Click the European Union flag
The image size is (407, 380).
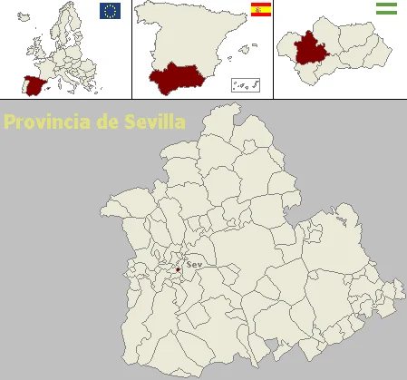(x=110, y=11)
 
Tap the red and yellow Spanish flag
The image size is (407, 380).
(x=261, y=11)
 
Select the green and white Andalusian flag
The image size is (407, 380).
(x=386, y=9)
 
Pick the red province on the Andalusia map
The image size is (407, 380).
(x=313, y=49)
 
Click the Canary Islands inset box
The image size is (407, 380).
(x=245, y=84)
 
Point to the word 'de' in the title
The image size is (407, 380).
(x=103, y=122)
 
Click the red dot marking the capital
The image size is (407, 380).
(x=179, y=269)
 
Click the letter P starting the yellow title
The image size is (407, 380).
(x=9, y=122)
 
